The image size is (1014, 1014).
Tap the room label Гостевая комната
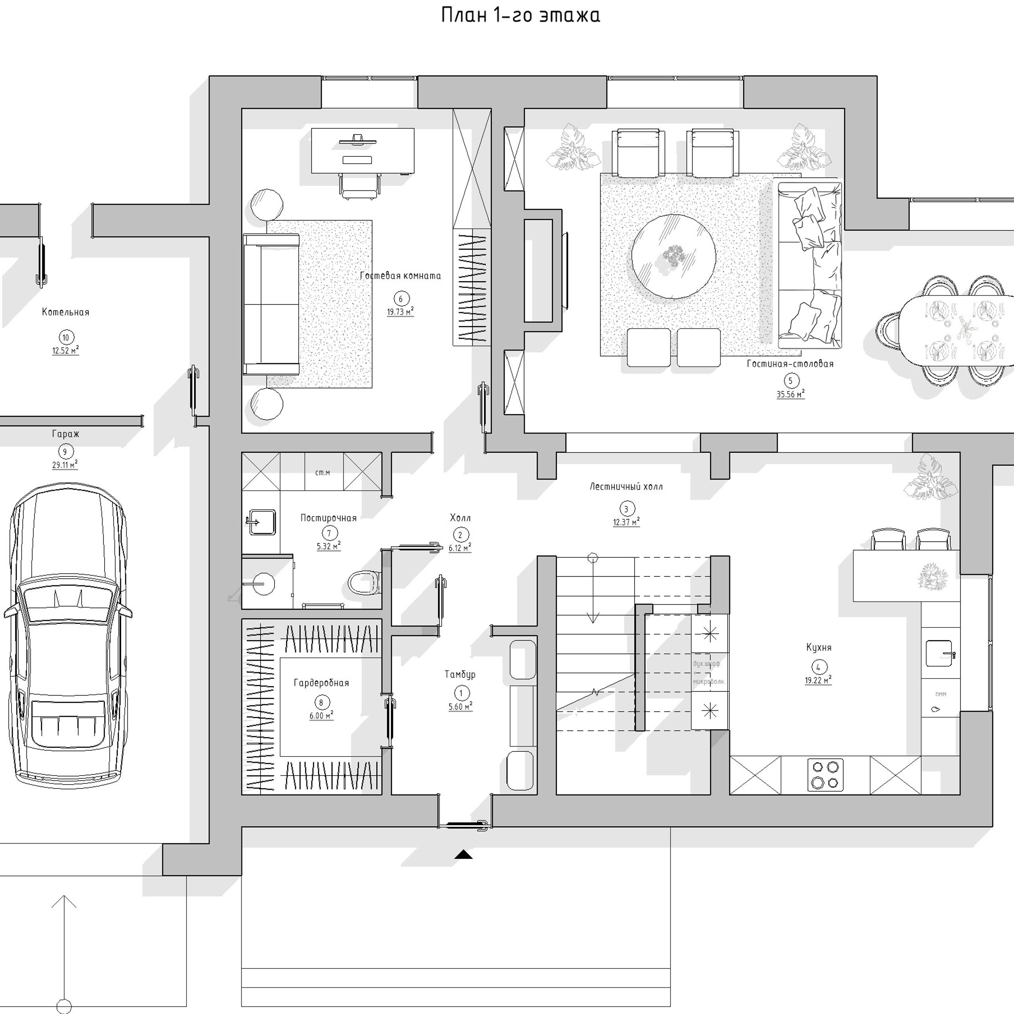point(400,276)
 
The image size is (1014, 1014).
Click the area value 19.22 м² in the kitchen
point(818,680)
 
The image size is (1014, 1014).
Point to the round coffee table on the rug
point(673,256)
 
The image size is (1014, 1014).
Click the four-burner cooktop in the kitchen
point(825,774)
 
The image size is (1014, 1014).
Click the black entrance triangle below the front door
point(463,854)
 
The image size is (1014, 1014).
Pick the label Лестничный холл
point(625,486)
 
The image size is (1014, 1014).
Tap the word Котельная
point(66,312)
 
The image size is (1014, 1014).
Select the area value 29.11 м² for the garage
point(65,465)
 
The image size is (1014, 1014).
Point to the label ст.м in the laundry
point(322,473)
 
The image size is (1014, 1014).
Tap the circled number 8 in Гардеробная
point(321,703)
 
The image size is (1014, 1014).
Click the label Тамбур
point(460,675)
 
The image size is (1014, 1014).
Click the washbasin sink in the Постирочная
point(262,522)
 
